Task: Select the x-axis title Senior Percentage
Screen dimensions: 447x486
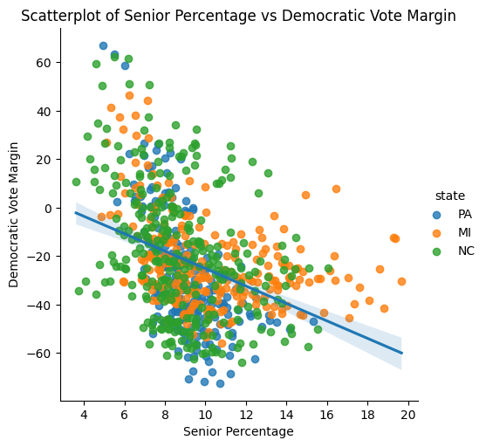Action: [238, 431]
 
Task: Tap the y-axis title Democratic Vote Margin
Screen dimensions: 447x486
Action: [14, 215]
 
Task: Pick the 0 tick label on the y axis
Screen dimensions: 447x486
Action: [49, 208]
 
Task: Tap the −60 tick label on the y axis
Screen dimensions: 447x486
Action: [42, 353]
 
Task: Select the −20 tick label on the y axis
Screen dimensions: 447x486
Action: [42, 257]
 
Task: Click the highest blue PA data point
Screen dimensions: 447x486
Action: [103, 45]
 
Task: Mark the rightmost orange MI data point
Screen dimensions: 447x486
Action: [401, 281]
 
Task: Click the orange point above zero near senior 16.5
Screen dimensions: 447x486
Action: [336, 189]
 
